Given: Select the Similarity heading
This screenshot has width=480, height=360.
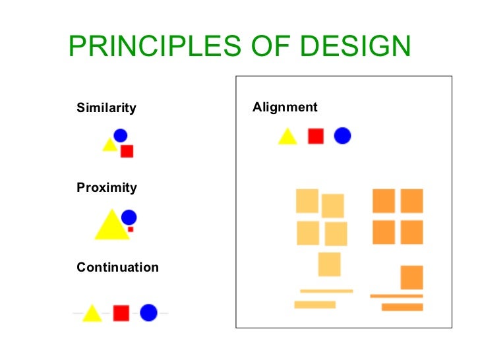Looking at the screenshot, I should [x=106, y=107].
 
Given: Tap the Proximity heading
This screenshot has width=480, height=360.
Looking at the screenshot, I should [x=107, y=188].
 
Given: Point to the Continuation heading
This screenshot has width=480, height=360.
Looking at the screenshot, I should [x=117, y=268].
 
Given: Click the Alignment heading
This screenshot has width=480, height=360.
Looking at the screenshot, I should [x=285, y=107].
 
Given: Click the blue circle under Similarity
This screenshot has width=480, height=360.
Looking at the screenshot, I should [x=120, y=135].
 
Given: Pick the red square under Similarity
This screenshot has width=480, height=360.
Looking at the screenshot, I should [x=127, y=151].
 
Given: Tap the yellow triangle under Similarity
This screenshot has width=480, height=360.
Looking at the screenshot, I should [x=109, y=145].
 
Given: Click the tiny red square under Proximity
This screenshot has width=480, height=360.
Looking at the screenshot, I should [x=131, y=229].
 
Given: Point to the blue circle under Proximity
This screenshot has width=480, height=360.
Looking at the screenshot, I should [x=129, y=217].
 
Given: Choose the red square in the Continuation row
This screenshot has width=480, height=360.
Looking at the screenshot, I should [x=121, y=313].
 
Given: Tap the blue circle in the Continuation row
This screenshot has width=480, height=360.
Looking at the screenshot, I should [x=148, y=313].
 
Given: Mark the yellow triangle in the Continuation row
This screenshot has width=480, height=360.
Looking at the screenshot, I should [x=92, y=314].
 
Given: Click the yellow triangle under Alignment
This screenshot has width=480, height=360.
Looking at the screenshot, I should [x=287, y=137].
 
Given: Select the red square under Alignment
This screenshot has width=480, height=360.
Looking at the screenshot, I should [x=316, y=136].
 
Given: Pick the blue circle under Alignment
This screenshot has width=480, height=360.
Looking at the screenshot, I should [x=342, y=136].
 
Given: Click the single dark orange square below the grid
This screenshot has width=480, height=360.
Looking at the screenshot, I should [x=411, y=277].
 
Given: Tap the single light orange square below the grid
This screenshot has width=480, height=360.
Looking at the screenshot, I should [x=329, y=264].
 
